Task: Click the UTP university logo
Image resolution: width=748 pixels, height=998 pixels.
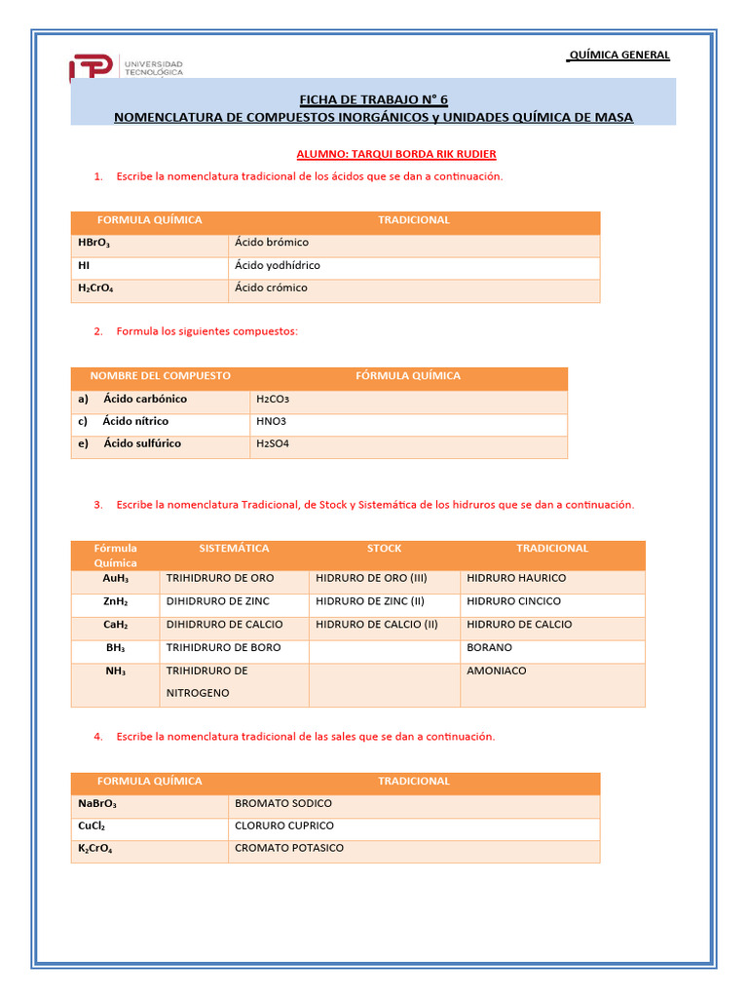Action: pos(126,67)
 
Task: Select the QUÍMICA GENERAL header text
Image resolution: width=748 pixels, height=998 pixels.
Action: pos(618,55)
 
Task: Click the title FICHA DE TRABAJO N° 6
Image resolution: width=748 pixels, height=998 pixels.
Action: pos(373,99)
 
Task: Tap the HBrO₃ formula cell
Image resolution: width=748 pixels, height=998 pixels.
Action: pos(94,243)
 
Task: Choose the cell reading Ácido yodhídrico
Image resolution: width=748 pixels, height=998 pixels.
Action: pos(278,265)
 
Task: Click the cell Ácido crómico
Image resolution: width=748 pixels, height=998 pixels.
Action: pos(271,288)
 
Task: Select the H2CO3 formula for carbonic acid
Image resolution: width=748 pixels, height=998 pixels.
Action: pos(273,400)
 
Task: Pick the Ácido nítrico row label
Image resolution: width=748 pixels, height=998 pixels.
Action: pos(135,421)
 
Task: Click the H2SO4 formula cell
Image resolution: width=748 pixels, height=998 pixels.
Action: pos(273,444)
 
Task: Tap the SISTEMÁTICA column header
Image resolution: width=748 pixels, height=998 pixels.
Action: pos(234,548)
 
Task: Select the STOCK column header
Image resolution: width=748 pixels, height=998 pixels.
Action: pos(384,548)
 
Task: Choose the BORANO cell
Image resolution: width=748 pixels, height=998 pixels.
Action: pos(489,648)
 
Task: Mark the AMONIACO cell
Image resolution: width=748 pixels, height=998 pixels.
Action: pos(497,672)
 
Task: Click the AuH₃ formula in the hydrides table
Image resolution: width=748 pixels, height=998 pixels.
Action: pos(116,578)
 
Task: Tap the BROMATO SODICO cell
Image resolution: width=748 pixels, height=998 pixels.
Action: pos(283,803)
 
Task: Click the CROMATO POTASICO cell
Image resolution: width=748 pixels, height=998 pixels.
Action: pos(289,848)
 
